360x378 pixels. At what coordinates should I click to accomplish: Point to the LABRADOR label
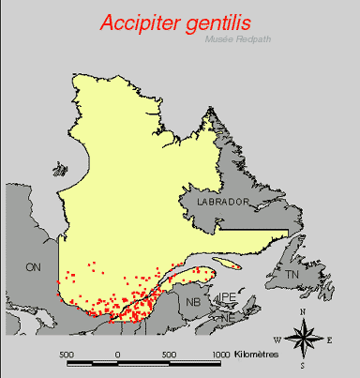coord(221,202)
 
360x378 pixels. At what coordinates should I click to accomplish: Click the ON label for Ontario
coord(35,267)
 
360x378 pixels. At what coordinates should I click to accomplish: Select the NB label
coord(193,302)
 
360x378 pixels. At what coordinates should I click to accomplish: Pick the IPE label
coord(226,297)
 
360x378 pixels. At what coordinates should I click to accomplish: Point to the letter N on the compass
coord(303,310)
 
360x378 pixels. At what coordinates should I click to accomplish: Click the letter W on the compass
coord(277,339)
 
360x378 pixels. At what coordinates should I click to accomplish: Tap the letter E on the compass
coord(328,338)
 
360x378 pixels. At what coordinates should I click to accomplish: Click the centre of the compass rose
coord(303,338)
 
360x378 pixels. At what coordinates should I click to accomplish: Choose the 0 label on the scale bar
coord(118,355)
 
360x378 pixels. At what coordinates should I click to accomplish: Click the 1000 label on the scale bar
coord(220,355)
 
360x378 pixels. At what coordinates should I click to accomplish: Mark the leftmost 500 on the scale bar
coord(67,355)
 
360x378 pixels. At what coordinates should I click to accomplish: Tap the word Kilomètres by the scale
coord(259,355)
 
